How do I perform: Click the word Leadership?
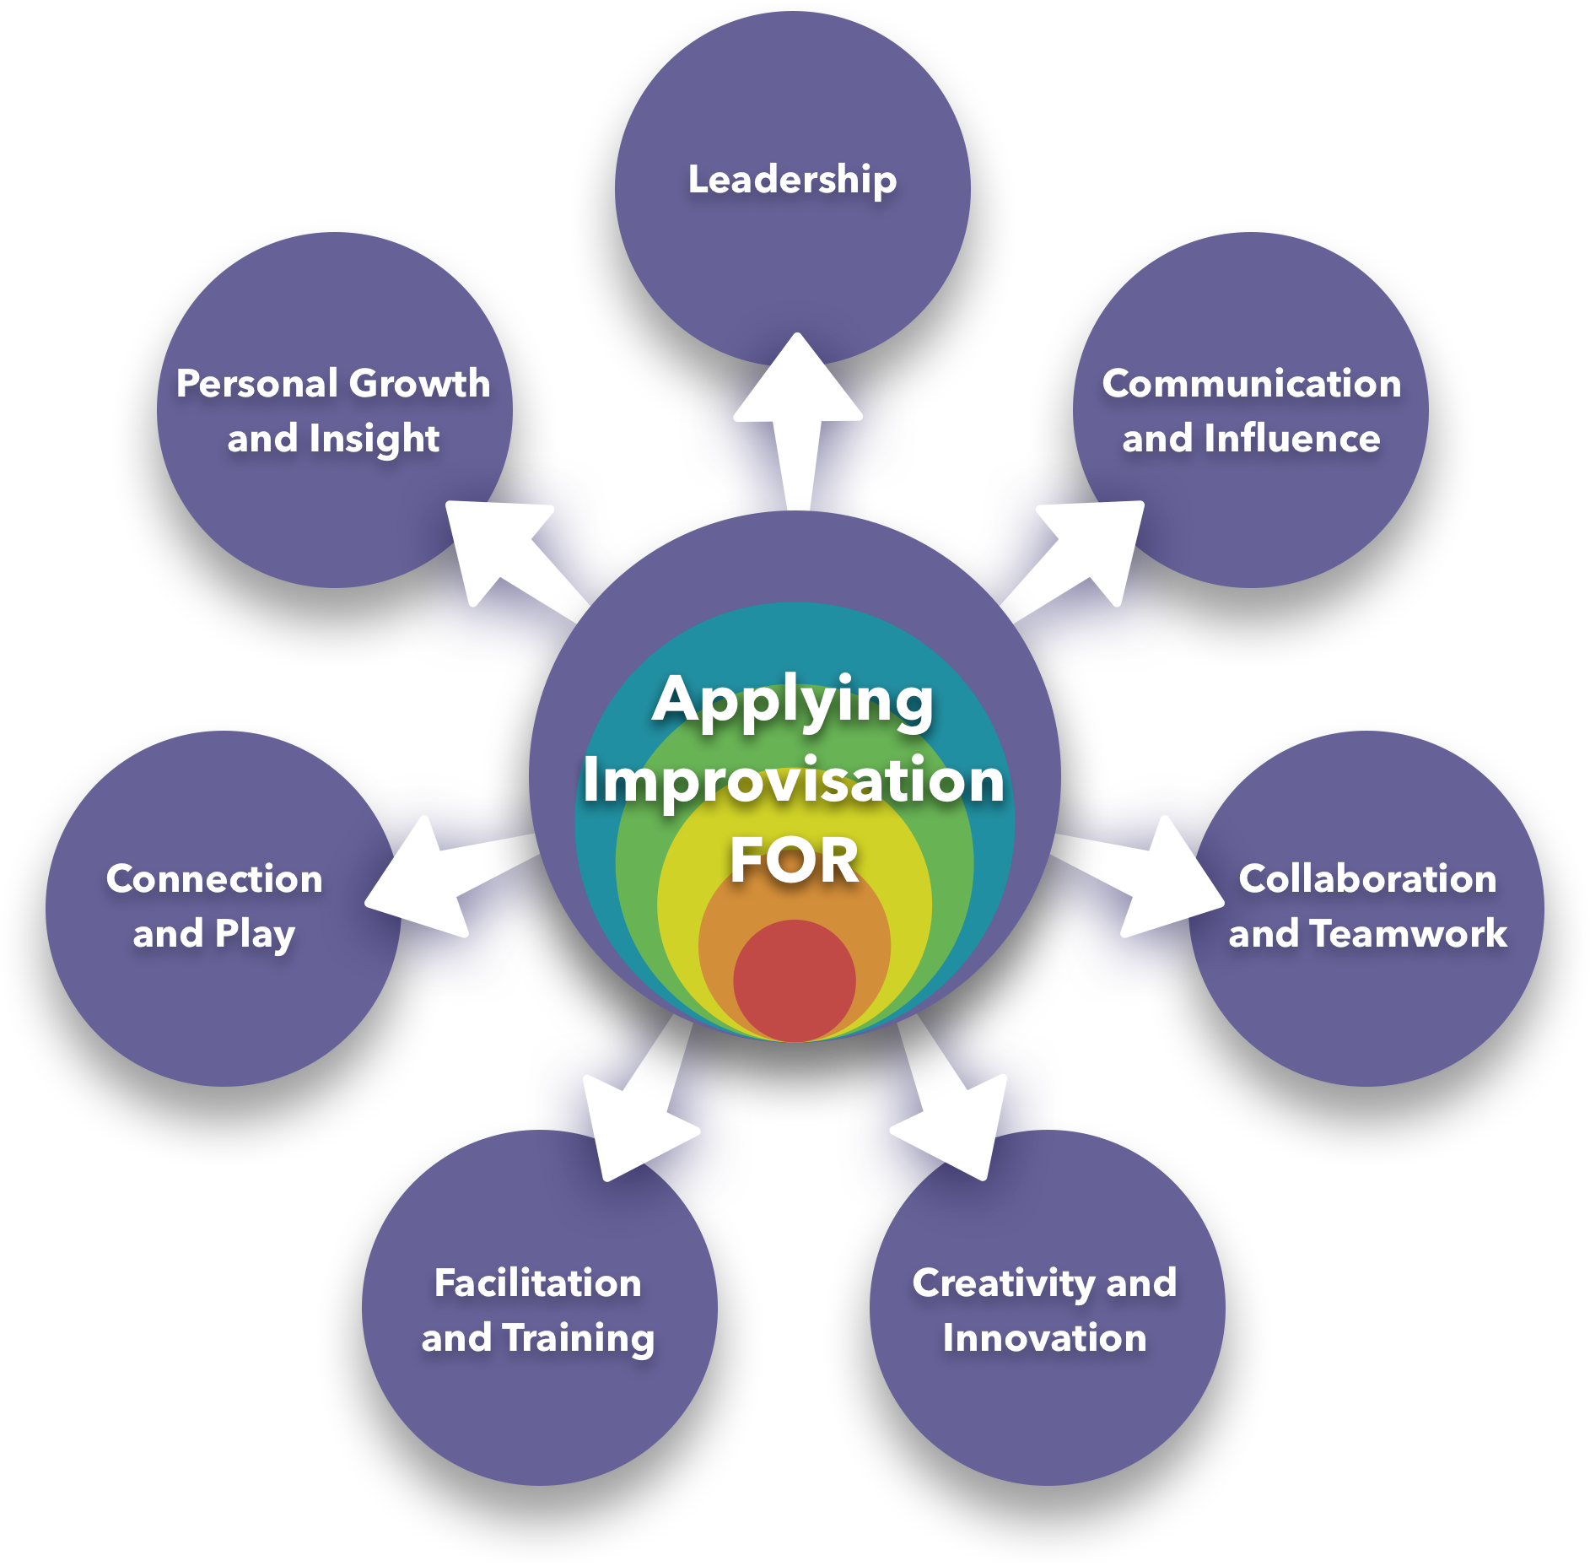pos(792,180)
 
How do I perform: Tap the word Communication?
pos(1251,384)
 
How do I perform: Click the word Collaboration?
pos(1367,879)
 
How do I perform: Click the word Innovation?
pos(1044,1338)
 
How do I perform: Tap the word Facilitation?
pos(538,1283)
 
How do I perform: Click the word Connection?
pos(214,879)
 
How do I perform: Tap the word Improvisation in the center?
pos(793,780)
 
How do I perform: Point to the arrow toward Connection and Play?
pos(439,877)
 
